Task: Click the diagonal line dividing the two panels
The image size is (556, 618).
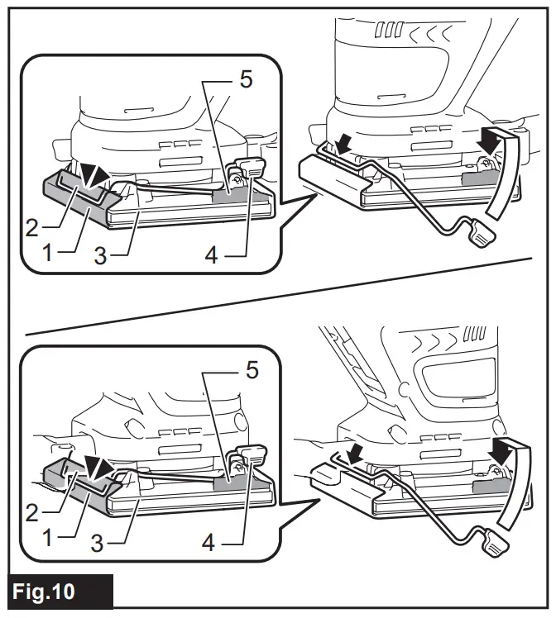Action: pyautogui.click(x=277, y=297)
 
